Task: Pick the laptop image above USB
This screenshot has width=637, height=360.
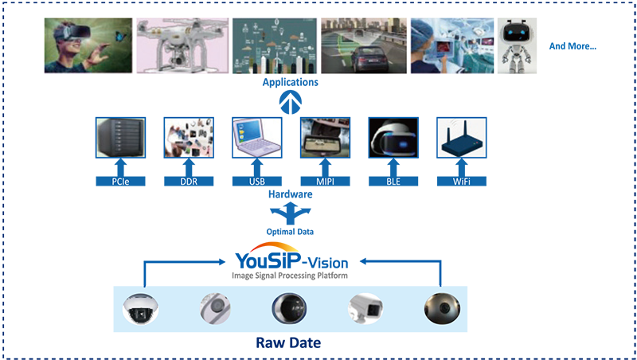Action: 256,138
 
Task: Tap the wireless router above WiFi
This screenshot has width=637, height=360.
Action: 462,139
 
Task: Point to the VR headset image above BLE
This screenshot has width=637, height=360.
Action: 393,138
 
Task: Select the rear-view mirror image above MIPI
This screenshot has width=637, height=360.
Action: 324,138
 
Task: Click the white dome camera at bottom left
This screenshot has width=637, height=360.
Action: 140,307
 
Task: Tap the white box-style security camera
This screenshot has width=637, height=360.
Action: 365,307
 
